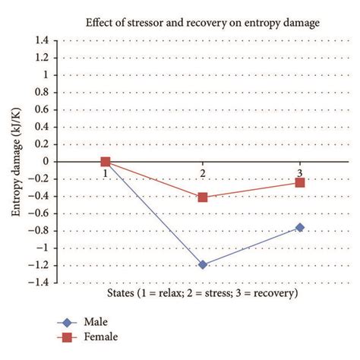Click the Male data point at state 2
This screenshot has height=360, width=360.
point(202,264)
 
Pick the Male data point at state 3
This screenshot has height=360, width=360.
point(300,227)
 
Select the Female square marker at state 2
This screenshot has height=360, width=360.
point(202,197)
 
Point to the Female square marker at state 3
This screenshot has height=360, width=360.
point(300,182)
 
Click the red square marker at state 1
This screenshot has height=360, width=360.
point(106,161)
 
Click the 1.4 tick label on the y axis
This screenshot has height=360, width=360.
point(43,40)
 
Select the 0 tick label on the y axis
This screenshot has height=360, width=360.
point(47,161)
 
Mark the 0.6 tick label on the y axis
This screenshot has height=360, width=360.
point(43,109)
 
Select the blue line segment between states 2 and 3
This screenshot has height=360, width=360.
point(251,246)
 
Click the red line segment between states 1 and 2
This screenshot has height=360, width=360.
point(153,179)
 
